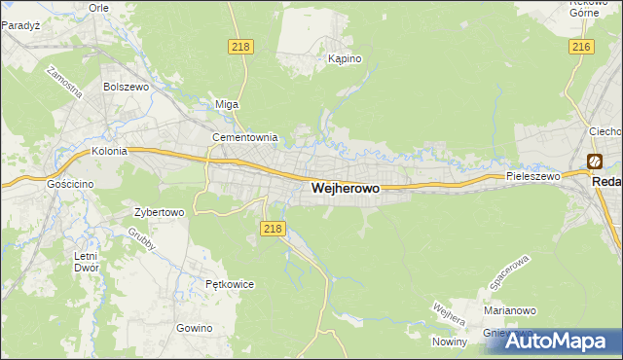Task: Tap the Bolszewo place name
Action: [124, 87]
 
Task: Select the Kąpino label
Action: [345, 59]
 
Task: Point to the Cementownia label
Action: [245, 138]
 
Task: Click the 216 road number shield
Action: [582, 47]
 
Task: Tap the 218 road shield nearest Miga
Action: [239, 47]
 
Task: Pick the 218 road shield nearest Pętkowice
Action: [273, 229]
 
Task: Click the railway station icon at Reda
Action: [594, 162]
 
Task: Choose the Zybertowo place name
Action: [159, 211]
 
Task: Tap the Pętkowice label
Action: [230, 285]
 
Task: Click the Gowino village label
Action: [195, 328]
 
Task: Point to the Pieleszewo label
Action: [533, 177]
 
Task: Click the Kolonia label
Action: [110, 152]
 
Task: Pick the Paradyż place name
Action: [19, 26]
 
